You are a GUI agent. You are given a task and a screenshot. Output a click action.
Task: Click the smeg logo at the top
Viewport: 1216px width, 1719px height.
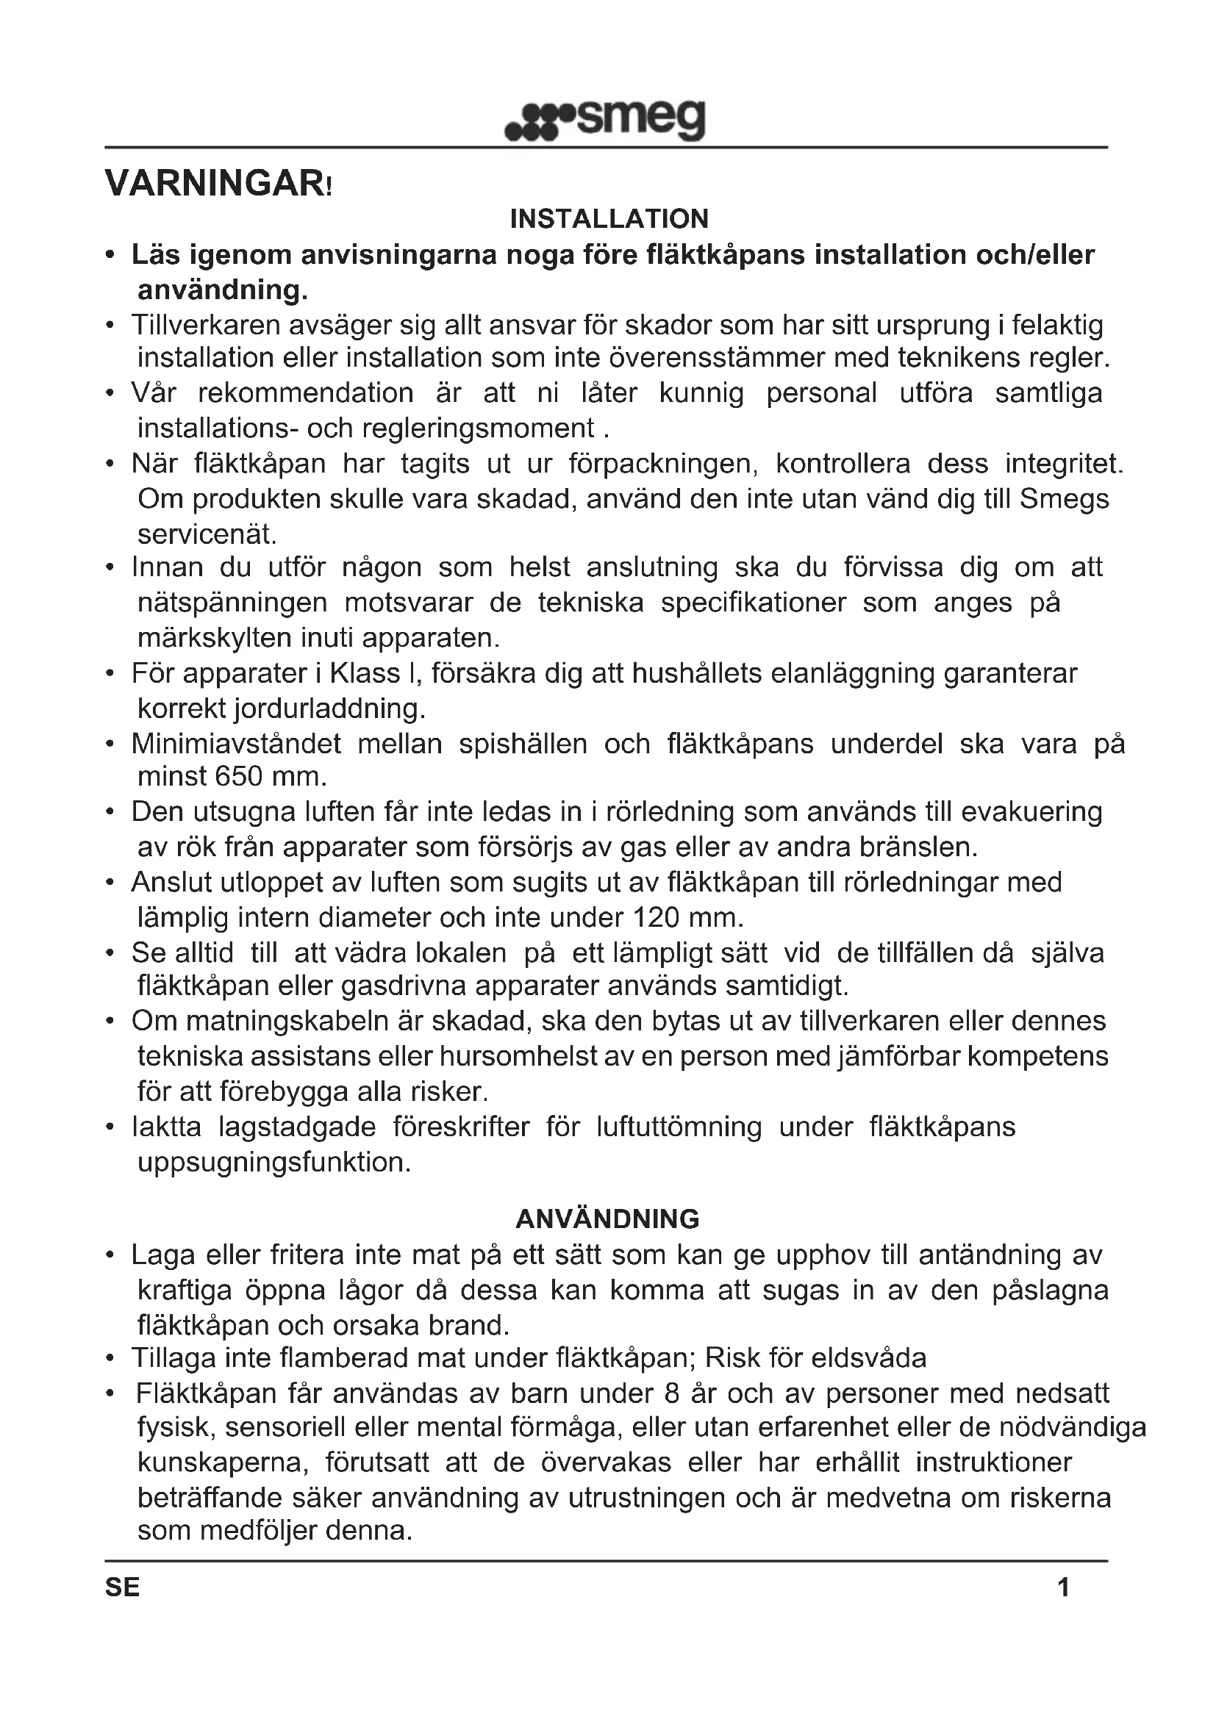(605, 121)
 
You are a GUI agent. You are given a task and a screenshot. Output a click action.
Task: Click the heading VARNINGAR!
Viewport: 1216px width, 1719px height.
(217, 184)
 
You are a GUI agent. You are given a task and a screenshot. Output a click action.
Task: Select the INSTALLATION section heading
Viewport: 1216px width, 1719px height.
(609, 219)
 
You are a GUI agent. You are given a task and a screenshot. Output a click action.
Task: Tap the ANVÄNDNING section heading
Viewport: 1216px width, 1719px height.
(607, 1219)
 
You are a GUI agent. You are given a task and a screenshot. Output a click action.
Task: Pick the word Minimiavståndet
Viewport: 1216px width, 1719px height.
(236, 744)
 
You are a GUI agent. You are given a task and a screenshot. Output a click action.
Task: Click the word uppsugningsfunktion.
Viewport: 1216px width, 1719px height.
(274, 1162)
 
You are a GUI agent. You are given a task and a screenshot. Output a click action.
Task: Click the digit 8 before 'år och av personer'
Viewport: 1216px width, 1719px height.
(672, 1393)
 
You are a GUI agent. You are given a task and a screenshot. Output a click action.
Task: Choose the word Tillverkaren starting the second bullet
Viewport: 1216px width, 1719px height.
(212, 326)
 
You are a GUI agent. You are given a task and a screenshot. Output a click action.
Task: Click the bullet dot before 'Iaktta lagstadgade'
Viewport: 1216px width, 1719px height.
(110, 1127)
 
